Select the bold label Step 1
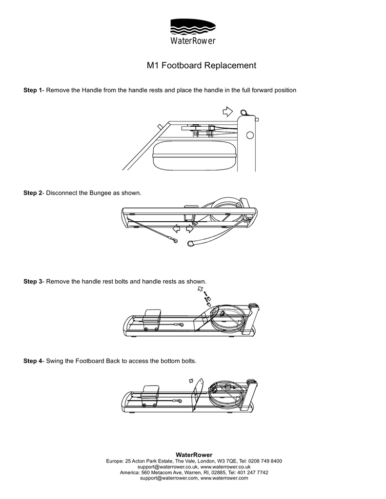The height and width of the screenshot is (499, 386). (33, 91)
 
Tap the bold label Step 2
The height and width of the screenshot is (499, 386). (33, 193)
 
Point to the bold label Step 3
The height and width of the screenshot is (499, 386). (33, 282)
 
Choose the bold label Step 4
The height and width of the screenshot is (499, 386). (33, 361)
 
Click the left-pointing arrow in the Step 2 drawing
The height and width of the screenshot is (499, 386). (176, 228)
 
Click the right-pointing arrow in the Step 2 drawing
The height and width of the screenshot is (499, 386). (190, 228)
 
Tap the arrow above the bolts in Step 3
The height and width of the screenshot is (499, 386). (200, 289)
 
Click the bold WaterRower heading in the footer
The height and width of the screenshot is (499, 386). (194, 454)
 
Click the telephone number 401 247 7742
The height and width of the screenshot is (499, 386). (250, 472)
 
